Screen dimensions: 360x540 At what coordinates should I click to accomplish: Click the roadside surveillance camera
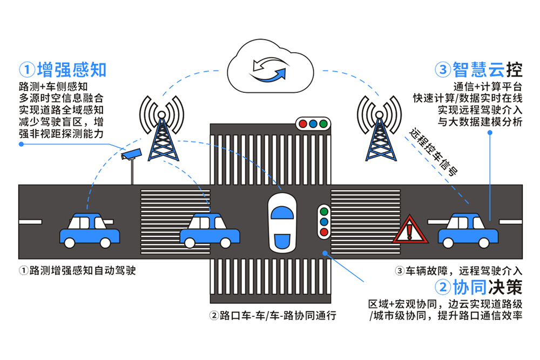[x=132, y=154]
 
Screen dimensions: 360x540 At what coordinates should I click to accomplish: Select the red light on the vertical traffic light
[x=325, y=233]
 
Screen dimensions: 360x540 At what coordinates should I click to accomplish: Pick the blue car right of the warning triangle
[x=468, y=230]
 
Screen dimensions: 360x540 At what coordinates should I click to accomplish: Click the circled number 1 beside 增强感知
[x=26, y=70]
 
